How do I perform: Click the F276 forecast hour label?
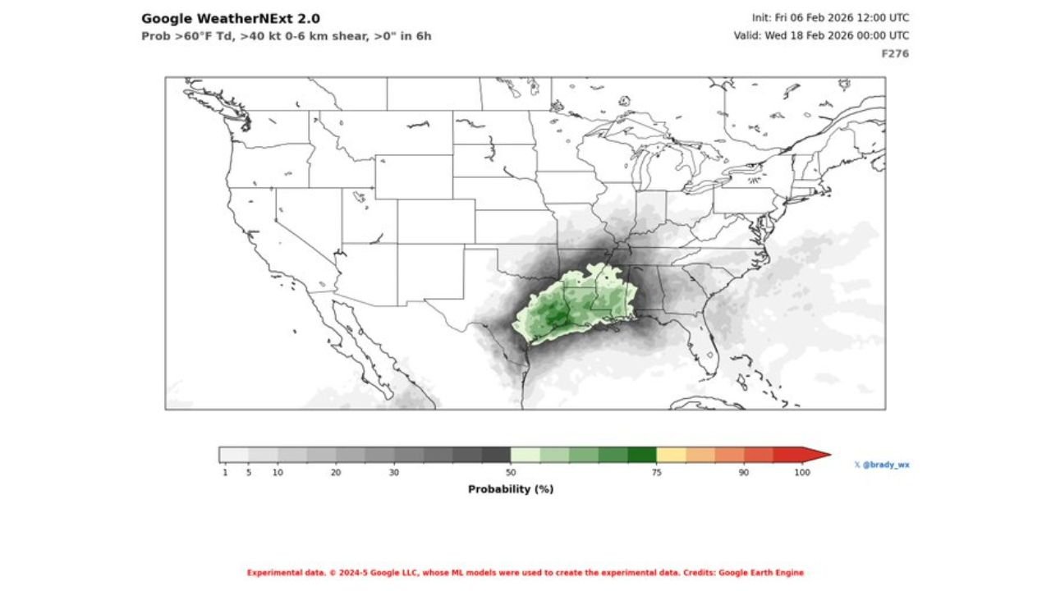895,53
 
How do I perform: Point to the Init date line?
830,17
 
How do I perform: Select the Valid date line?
821,35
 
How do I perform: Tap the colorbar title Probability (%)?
511,489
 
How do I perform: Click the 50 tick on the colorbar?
511,473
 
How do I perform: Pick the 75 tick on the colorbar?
657,473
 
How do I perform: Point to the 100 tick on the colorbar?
802,473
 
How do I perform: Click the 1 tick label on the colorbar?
225,473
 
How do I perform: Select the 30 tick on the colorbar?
394,473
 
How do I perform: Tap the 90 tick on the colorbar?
744,473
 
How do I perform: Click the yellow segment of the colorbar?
671,455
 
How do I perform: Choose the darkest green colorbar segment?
642,455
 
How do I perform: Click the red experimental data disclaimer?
525,573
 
